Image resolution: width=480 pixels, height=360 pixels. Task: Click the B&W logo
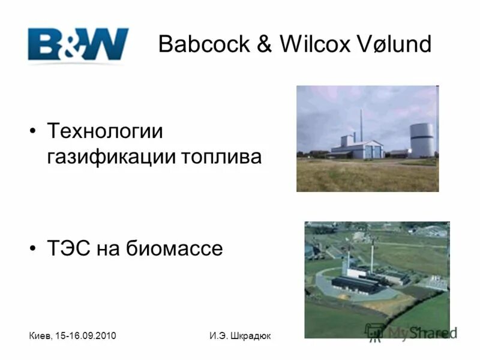[x=78, y=44]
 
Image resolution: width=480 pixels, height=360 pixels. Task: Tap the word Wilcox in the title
[x=312, y=44]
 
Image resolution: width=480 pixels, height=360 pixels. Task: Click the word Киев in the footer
[x=40, y=335]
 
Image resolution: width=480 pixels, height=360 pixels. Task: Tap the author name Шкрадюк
[x=249, y=335]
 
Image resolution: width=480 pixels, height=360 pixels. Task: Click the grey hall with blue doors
[x=367, y=149]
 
